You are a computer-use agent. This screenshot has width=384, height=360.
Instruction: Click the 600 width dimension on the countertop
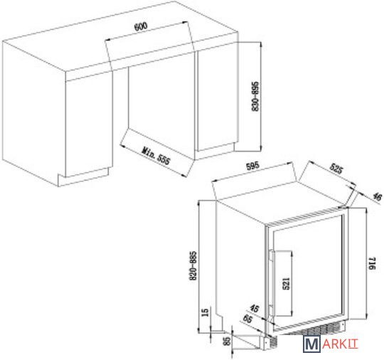point(141,26)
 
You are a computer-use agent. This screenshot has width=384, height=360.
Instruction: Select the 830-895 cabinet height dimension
point(255,96)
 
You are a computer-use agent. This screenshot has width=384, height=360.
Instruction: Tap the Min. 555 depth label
point(156,156)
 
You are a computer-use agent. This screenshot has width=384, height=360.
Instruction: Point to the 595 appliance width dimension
point(252,166)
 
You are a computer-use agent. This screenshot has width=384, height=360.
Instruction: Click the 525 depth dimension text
point(337,169)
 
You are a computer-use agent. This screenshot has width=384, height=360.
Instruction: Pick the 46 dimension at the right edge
point(377,196)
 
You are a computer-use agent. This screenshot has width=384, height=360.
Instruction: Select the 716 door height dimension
point(372,263)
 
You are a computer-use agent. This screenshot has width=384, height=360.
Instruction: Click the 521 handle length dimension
point(287,284)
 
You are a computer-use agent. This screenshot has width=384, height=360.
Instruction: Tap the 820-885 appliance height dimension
point(193,265)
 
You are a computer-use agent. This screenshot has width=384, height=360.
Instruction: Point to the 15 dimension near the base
point(206,312)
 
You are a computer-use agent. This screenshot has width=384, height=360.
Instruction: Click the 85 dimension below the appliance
point(228,341)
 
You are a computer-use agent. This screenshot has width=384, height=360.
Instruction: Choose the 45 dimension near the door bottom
point(255,308)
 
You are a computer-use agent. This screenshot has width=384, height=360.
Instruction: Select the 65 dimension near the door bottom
point(248,319)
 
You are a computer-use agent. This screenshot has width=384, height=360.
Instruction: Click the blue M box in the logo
point(311,344)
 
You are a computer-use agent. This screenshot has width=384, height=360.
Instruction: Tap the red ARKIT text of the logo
point(340,344)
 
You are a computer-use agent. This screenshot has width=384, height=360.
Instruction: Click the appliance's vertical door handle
point(272,285)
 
